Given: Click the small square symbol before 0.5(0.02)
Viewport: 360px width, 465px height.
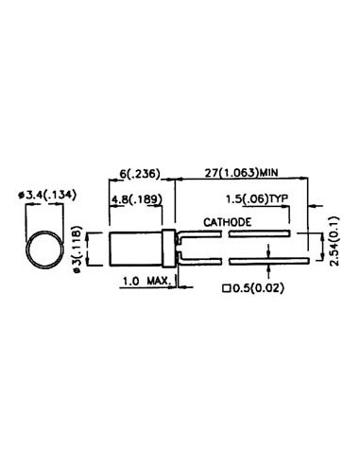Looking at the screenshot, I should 227,289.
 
